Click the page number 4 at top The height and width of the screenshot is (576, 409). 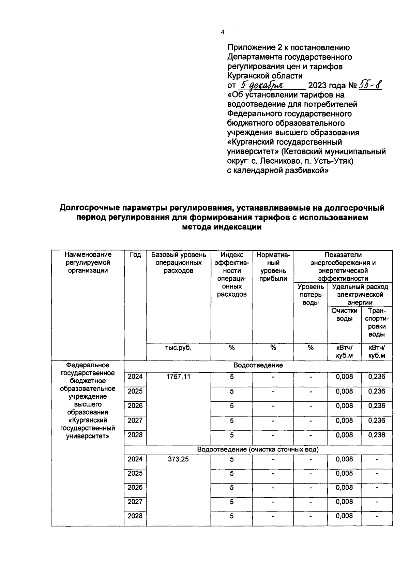pos(223,32)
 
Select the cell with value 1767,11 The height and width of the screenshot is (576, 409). pos(178,376)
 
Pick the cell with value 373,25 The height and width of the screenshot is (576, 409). pos(178,459)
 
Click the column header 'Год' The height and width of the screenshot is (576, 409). pos(135,255)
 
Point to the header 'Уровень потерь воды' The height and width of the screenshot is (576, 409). pos(310,295)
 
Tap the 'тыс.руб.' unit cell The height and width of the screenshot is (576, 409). pos(178,348)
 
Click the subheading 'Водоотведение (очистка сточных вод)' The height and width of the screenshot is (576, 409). pos(258,449)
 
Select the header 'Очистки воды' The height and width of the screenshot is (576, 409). pos(344,314)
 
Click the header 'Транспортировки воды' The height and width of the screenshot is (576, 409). pos(377,322)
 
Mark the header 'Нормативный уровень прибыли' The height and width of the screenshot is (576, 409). pos(273,267)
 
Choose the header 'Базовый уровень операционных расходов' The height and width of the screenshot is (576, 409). pos(178,263)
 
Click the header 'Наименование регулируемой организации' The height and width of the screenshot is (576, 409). pos(88,263)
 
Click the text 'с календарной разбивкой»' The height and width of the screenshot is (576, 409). pos(278,171)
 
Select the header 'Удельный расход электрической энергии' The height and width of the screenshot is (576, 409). pos(360,294)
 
